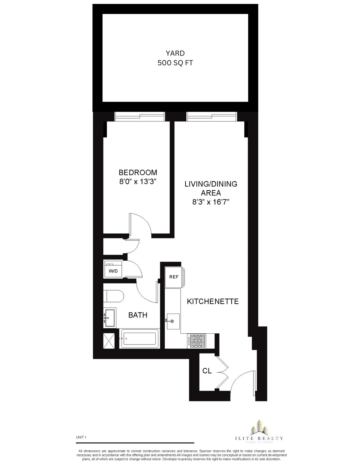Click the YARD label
pos(175,53)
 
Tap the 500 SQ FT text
pos(175,63)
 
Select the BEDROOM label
pos(138,173)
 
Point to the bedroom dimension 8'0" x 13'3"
pos(138,182)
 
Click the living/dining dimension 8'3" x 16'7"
pos(211,202)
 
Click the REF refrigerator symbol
pos(174,277)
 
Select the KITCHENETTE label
pos(213,302)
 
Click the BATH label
pos(138,315)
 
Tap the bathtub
pos(139,338)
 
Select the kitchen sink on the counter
pos(173,321)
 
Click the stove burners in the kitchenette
pos(197,341)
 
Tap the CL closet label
pos(207,371)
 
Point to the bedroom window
pos(140,116)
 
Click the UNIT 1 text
pos(81,437)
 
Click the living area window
pos(212,116)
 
